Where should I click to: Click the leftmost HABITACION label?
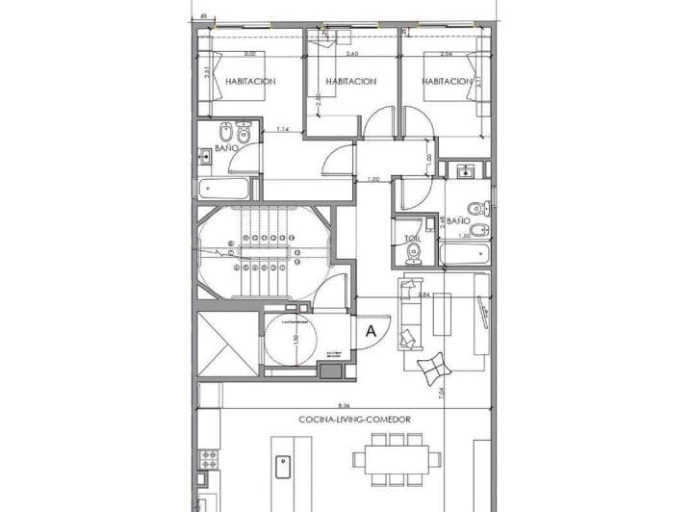point(250,82)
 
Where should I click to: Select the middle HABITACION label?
point(350,82)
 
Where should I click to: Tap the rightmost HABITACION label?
point(447,82)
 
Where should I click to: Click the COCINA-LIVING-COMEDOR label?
point(355,421)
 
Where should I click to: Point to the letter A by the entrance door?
point(370,330)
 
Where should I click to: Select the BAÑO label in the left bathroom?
point(225,149)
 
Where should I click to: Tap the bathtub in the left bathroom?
point(227,186)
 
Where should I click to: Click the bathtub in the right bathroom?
point(466,254)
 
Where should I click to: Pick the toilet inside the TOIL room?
point(414,253)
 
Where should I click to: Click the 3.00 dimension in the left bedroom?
point(249,54)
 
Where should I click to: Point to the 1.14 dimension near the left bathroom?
point(283,129)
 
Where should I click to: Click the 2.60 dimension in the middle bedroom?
point(350,54)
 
